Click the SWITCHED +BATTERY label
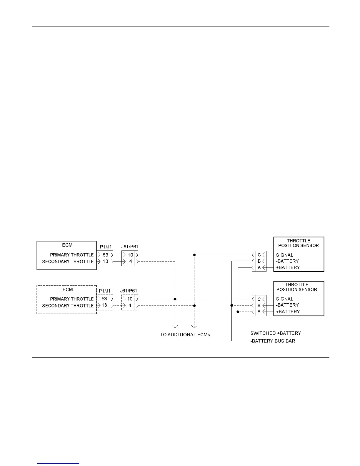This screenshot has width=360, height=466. pyautogui.click(x=276, y=333)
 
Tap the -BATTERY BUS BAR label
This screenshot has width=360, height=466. pyautogui.click(x=273, y=341)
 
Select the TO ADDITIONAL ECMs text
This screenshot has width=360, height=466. pyautogui.click(x=185, y=334)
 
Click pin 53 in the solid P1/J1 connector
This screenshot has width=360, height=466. pyautogui.click(x=105, y=255)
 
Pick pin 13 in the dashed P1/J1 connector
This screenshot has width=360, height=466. pyautogui.click(x=104, y=305)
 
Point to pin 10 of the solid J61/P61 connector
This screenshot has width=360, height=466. pyautogui.click(x=130, y=255)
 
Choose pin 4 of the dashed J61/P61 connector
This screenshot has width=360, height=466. pyautogui.click(x=130, y=305)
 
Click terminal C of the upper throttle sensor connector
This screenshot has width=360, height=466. pyautogui.click(x=259, y=255)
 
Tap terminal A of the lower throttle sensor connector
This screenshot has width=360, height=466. pyautogui.click(x=259, y=312)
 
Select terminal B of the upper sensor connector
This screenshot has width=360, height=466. pyautogui.click(x=259, y=261)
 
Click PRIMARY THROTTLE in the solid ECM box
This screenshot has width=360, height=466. pyautogui.click(x=72, y=255)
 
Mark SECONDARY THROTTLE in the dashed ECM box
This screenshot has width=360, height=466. pyautogui.click(x=68, y=306)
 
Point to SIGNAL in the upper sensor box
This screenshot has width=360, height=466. pyautogui.click(x=284, y=255)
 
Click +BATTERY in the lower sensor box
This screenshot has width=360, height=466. pyautogui.click(x=288, y=312)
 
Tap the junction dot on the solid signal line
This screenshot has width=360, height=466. pyautogui.click(x=194, y=255)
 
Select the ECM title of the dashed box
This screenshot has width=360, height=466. pyautogui.click(x=68, y=289)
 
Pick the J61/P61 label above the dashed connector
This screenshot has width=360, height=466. pyautogui.click(x=129, y=291)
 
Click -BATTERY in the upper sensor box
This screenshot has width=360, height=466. pyautogui.click(x=287, y=261)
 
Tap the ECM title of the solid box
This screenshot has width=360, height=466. pyautogui.click(x=68, y=245)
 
